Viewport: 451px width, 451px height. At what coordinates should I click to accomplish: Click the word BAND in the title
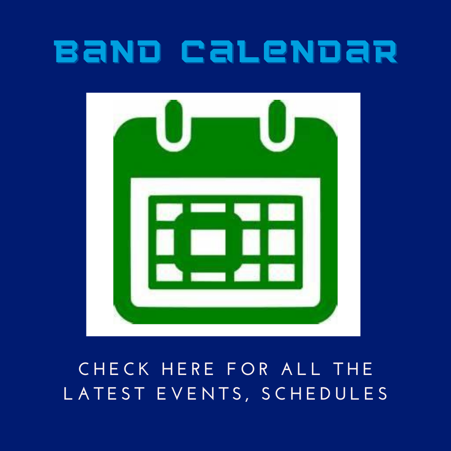(x=107, y=51)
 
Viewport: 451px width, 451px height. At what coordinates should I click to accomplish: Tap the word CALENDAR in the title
(x=290, y=51)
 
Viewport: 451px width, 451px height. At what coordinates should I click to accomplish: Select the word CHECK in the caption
(x=114, y=369)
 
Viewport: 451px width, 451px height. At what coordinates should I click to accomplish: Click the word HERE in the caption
(x=188, y=369)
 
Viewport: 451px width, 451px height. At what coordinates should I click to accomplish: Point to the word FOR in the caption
(x=248, y=369)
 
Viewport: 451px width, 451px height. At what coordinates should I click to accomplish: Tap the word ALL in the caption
(x=301, y=369)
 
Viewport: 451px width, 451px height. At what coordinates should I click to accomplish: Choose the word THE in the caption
(x=353, y=369)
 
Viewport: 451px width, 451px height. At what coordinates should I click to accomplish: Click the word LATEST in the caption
(x=104, y=393)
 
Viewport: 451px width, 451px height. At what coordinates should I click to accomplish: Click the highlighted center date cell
(x=208, y=242)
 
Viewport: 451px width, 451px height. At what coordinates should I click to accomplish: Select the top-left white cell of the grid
(x=169, y=212)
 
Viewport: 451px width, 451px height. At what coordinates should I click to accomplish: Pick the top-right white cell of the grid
(x=281, y=212)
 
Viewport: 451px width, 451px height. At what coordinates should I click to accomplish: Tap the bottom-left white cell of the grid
(x=169, y=272)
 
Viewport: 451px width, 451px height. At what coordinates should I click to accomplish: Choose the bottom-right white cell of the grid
(x=281, y=272)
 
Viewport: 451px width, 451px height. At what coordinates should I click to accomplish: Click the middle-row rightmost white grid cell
(x=281, y=242)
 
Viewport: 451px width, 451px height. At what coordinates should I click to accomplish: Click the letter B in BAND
(x=66, y=51)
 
